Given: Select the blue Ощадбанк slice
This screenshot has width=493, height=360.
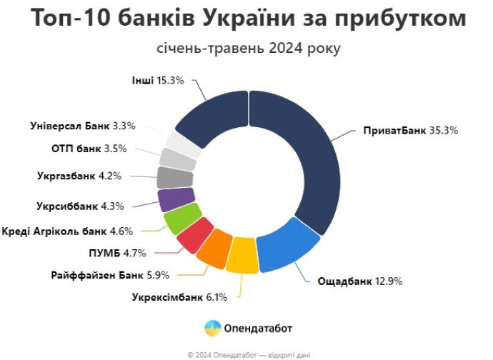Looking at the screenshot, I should click(x=285, y=246).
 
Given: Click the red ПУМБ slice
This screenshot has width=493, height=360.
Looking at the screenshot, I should click(x=193, y=235).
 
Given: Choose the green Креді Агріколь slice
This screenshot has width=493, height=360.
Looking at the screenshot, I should click(x=178, y=218).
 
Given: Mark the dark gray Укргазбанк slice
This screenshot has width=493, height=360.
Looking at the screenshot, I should click(x=169, y=176).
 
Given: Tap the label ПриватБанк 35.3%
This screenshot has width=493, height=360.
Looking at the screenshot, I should click(x=409, y=131).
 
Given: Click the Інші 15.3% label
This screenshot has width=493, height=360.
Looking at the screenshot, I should click(x=159, y=81).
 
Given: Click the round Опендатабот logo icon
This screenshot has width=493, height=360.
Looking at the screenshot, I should click(x=213, y=329).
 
